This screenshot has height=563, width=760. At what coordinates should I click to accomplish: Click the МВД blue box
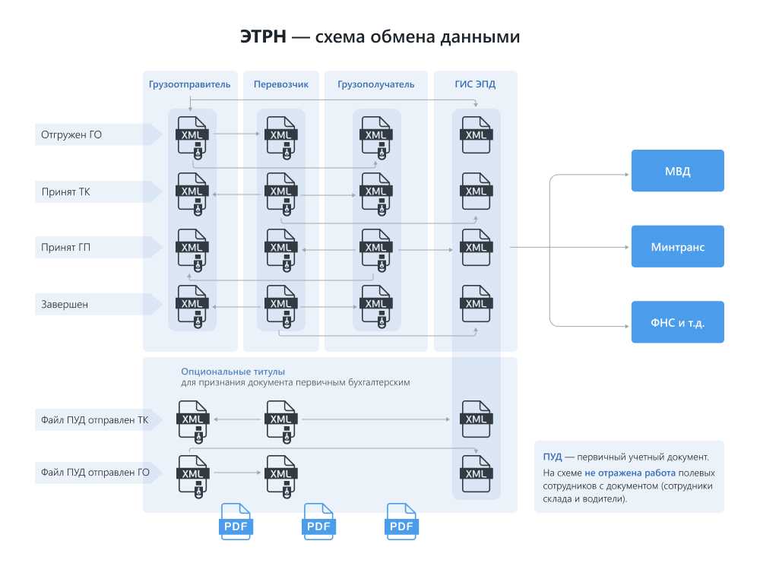(677, 171)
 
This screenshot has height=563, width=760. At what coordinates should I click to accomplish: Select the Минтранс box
(677, 247)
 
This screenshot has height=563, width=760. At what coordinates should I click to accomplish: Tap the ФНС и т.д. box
(677, 322)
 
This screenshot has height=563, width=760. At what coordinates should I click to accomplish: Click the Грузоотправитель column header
(189, 84)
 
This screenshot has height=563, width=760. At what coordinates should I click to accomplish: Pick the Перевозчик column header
(281, 84)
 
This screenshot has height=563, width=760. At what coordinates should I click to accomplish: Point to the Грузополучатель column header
(376, 84)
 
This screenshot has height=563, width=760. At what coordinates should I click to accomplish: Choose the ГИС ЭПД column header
(476, 84)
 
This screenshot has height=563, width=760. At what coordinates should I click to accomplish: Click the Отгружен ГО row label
(71, 135)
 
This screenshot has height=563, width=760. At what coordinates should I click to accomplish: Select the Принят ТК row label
(66, 191)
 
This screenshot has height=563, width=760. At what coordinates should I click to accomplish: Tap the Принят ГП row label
(66, 248)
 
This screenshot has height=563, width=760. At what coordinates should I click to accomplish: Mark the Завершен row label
(65, 305)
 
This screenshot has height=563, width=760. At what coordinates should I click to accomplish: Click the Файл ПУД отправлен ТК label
(95, 419)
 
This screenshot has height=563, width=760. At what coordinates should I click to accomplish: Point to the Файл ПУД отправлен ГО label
(95, 473)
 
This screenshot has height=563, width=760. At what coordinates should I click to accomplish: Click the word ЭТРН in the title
(263, 37)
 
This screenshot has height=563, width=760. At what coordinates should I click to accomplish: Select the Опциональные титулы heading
(233, 372)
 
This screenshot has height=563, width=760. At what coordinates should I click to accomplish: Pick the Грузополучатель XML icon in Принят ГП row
(375, 248)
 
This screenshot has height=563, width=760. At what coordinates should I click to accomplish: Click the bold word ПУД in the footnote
(553, 457)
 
